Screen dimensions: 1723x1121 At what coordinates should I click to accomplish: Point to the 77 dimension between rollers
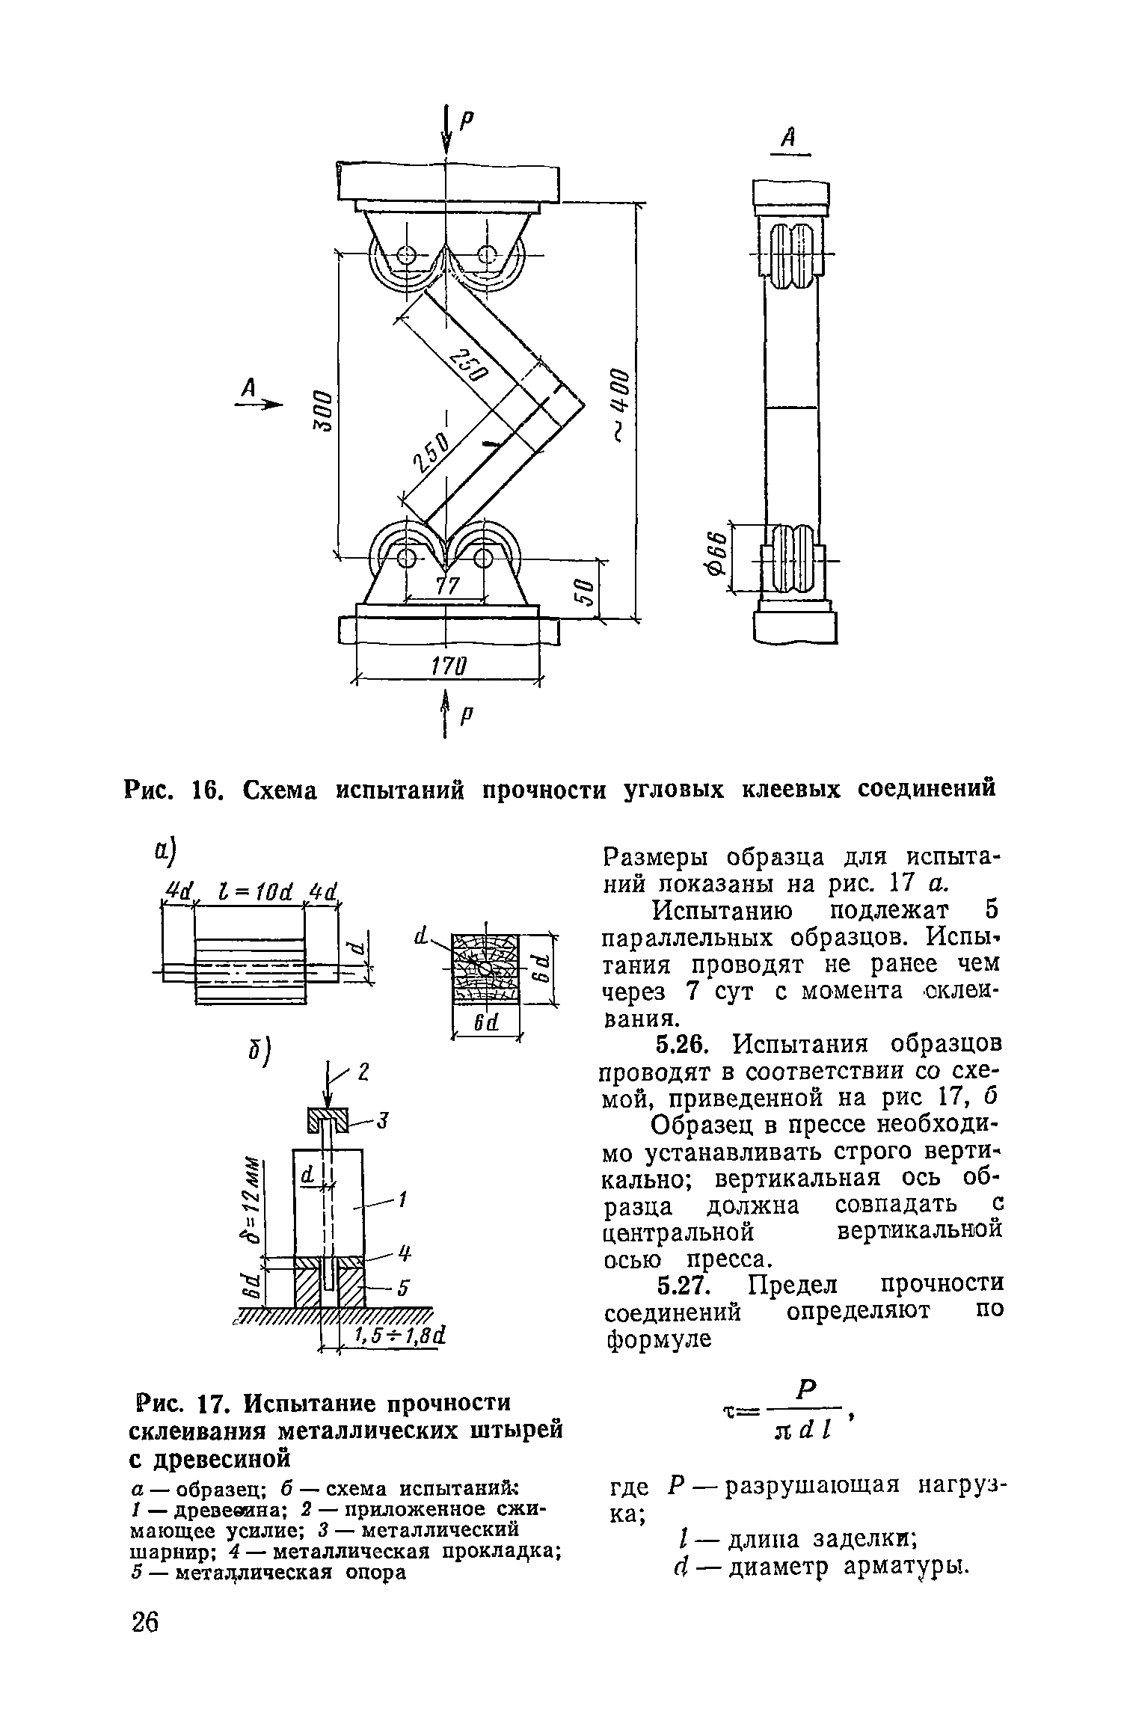click(x=446, y=586)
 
